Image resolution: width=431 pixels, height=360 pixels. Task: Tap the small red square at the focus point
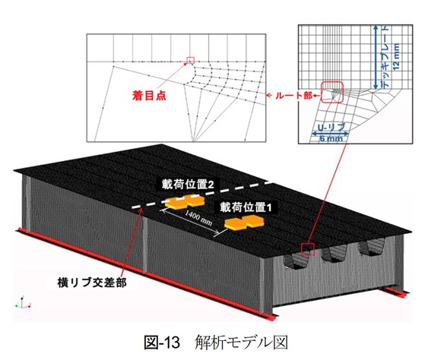pos(190,60)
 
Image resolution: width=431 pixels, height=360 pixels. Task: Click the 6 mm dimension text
pos(331,139)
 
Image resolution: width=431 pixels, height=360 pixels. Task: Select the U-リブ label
pos(331,128)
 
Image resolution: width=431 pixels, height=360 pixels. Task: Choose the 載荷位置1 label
pos(246,207)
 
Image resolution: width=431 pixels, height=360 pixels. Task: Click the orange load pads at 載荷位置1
pos(244,222)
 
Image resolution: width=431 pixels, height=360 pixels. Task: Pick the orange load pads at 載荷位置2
pos(185,202)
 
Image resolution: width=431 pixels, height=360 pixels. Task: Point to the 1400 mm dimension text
pos(198,217)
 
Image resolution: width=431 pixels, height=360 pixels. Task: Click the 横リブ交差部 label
pos(93,283)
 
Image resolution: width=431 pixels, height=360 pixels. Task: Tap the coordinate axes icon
pos(23,302)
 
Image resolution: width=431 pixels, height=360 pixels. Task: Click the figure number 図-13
pos(162,343)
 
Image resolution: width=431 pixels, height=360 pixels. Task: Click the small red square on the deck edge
pos(308,249)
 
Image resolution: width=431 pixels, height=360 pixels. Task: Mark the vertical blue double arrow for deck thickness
pos(376,57)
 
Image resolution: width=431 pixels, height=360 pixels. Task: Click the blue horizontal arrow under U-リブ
pos(330,134)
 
